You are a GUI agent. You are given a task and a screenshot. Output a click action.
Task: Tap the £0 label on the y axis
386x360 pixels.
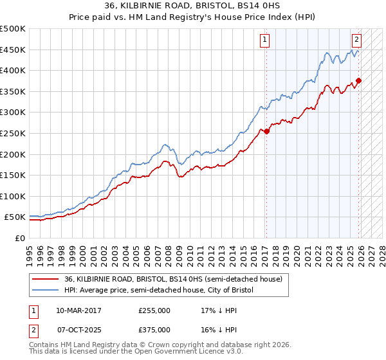(x=19, y=238)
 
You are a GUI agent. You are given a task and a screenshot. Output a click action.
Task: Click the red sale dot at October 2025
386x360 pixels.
(x=359, y=80)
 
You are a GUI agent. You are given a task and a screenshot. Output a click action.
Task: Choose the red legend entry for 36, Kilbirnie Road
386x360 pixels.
(x=172, y=279)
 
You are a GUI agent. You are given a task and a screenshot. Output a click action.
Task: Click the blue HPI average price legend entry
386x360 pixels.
(x=159, y=291)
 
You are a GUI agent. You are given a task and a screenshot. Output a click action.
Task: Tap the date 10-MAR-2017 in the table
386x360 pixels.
(x=78, y=310)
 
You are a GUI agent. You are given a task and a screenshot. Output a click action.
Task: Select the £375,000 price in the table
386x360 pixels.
(x=154, y=329)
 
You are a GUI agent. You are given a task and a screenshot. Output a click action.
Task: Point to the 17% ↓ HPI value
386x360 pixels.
(x=217, y=310)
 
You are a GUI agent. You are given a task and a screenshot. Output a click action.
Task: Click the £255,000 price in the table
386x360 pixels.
(x=154, y=310)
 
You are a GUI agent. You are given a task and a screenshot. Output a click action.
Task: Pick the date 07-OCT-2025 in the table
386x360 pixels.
(x=78, y=329)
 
